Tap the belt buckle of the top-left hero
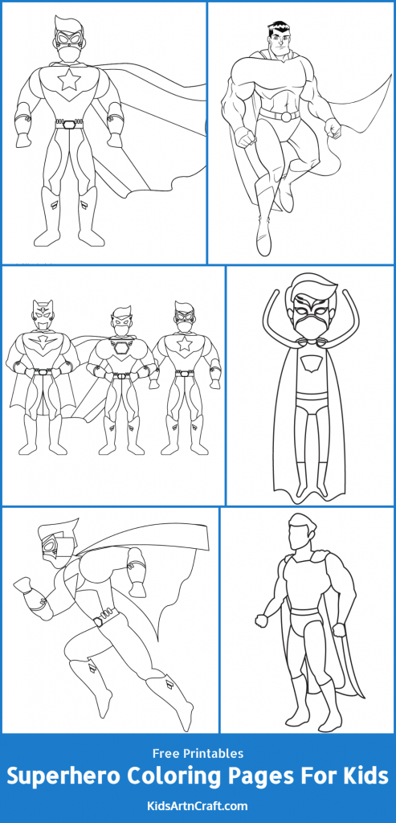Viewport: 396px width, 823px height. click(x=69, y=124)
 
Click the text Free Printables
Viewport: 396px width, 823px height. click(x=198, y=754)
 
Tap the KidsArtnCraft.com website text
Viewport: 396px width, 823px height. click(x=198, y=805)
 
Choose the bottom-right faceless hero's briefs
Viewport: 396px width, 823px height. click(x=304, y=620)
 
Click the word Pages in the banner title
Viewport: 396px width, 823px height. click(x=270, y=777)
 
